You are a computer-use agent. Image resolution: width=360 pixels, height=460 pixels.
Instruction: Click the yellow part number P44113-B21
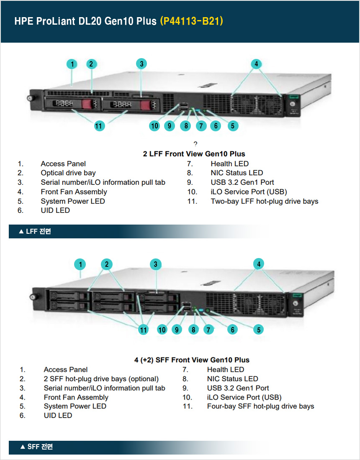click(x=191, y=21)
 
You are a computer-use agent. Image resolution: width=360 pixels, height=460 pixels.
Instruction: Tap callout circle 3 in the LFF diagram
click(x=142, y=64)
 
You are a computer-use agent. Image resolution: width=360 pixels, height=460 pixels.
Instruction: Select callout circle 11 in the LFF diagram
click(x=99, y=125)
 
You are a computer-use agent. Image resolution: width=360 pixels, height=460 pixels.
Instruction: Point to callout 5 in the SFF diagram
click(x=259, y=330)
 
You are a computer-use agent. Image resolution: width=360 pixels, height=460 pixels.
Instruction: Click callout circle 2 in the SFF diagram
click(x=107, y=264)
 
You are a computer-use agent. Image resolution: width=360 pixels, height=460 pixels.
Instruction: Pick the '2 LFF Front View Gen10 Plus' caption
click(x=194, y=154)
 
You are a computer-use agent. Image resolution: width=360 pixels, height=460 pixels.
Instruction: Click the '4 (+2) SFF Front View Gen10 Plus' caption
click(x=192, y=360)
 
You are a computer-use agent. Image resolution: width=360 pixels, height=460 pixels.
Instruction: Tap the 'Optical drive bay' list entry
click(x=68, y=173)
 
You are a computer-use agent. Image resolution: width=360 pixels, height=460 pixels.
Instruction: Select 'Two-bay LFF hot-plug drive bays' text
click(x=264, y=201)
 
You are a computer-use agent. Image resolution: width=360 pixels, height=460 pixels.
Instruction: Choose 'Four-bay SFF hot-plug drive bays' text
click(x=260, y=406)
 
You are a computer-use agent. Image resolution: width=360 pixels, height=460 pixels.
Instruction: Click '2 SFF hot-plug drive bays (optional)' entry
click(x=101, y=379)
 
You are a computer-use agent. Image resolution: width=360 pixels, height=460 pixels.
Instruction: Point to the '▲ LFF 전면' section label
click(x=35, y=231)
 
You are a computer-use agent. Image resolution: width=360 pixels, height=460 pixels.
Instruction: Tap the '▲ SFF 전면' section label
click(x=36, y=447)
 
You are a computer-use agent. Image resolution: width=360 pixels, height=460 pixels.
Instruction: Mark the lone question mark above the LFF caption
click(x=195, y=144)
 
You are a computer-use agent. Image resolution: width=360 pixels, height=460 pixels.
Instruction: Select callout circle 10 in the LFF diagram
click(x=155, y=125)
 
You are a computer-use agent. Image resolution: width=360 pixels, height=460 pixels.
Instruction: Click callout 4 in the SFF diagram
click(x=259, y=264)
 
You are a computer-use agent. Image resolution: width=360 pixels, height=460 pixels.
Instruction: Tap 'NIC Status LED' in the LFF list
click(x=237, y=173)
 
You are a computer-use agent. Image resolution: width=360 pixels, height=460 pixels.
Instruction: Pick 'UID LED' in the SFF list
click(x=58, y=415)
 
